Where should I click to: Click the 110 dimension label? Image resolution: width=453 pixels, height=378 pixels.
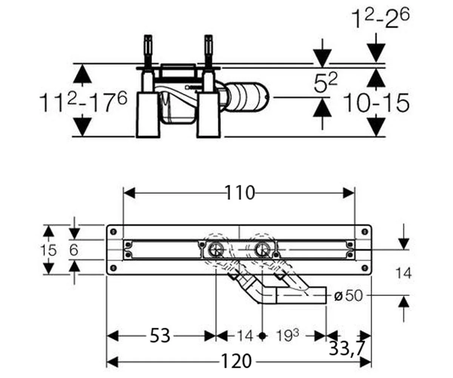[x=239, y=193]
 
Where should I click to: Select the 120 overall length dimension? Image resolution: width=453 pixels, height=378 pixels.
[x=236, y=361]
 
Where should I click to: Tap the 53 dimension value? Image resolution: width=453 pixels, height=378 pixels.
[x=160, y=335]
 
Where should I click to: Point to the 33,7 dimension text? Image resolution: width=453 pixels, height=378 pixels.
[x=346, y=349]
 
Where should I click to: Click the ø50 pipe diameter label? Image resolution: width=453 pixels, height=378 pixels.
[x=348, y=296]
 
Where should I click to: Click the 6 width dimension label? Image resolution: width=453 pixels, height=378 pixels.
[x=74, y=250]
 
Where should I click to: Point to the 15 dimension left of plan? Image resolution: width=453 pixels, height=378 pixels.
[x=49, y=250]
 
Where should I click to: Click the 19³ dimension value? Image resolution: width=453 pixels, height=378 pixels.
[x=287, y=335]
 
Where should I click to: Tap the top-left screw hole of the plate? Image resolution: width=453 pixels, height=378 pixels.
[x=113, y=232]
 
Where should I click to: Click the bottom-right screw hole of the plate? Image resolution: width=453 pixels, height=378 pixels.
[x=365, y=267]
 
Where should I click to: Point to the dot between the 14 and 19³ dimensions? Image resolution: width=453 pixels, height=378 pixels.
[x=262, y=336]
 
